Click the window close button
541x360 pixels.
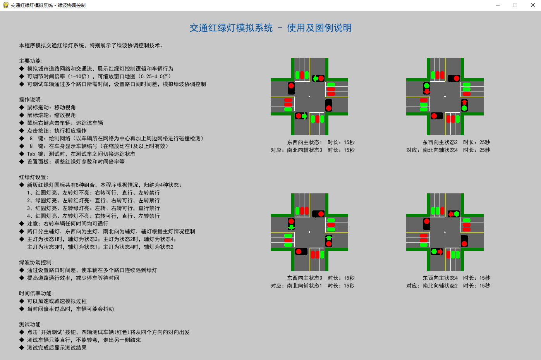coord(532,5)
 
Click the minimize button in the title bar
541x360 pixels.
coord(498,5)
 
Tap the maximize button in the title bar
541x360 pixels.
coord(515,5)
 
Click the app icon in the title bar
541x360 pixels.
coord(5,5)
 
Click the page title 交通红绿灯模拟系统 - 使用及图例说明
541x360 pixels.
coord(270,28)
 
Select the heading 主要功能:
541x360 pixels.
coord(31,61)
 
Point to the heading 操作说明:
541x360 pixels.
coord(31,100)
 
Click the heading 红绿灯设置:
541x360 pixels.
coord(34,177)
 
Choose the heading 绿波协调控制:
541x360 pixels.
coord(36,262)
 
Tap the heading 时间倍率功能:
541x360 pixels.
coord(36,293)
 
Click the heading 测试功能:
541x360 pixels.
coord(31,324)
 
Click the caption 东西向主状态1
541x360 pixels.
coord(304,142)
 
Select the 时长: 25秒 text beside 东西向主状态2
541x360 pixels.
coord(476,142)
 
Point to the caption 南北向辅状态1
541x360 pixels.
coord(304,286)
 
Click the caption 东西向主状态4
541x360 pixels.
coord(440,278)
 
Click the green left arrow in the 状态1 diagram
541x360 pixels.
coord(315,78)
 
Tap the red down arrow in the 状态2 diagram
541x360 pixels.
coord(427,91)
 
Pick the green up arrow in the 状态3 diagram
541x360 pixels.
coord(329,238)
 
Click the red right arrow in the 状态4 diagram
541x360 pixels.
coord(440,252)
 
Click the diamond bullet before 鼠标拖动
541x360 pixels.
coord(22,107)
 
